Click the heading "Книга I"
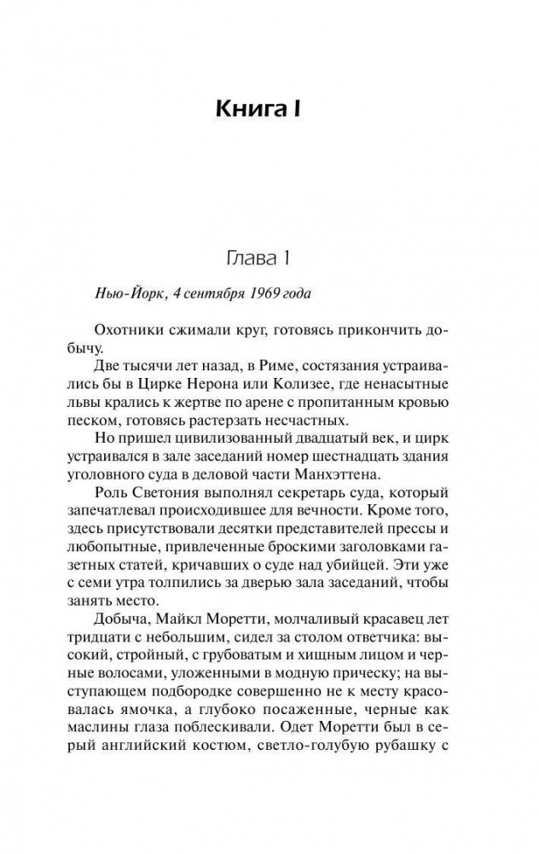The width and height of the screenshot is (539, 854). point(269,109)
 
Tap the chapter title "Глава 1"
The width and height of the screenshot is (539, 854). point(269,258)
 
